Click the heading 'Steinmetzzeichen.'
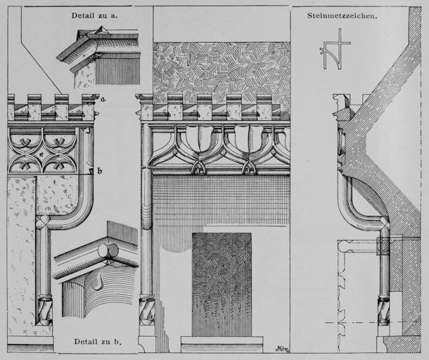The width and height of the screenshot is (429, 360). click(x=342, y=15)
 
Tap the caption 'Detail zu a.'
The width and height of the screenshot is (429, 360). click(x=94, y=15)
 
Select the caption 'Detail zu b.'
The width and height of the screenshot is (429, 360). click(x=98, y=342)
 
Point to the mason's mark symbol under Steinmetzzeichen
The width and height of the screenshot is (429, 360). click(x=335, y=49)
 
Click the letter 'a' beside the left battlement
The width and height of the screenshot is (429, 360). click(x=103, y=99)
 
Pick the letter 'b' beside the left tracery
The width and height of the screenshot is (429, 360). click(x=99, y=171)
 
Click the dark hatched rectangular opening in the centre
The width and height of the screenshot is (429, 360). click(x=222, y=283)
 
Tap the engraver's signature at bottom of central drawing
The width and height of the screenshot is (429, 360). click(x=281, y=347)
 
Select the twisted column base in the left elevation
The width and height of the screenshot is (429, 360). click(x=44, y=307)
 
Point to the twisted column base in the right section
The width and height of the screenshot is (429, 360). click(x=384, y=309)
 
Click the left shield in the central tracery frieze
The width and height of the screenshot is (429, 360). click(x=199, y=137)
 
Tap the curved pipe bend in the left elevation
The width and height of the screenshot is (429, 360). click(x=77, y=211)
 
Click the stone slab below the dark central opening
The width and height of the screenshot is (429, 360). click(x=222, y=344)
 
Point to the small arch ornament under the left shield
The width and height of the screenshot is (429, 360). click(x=199, y=167)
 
